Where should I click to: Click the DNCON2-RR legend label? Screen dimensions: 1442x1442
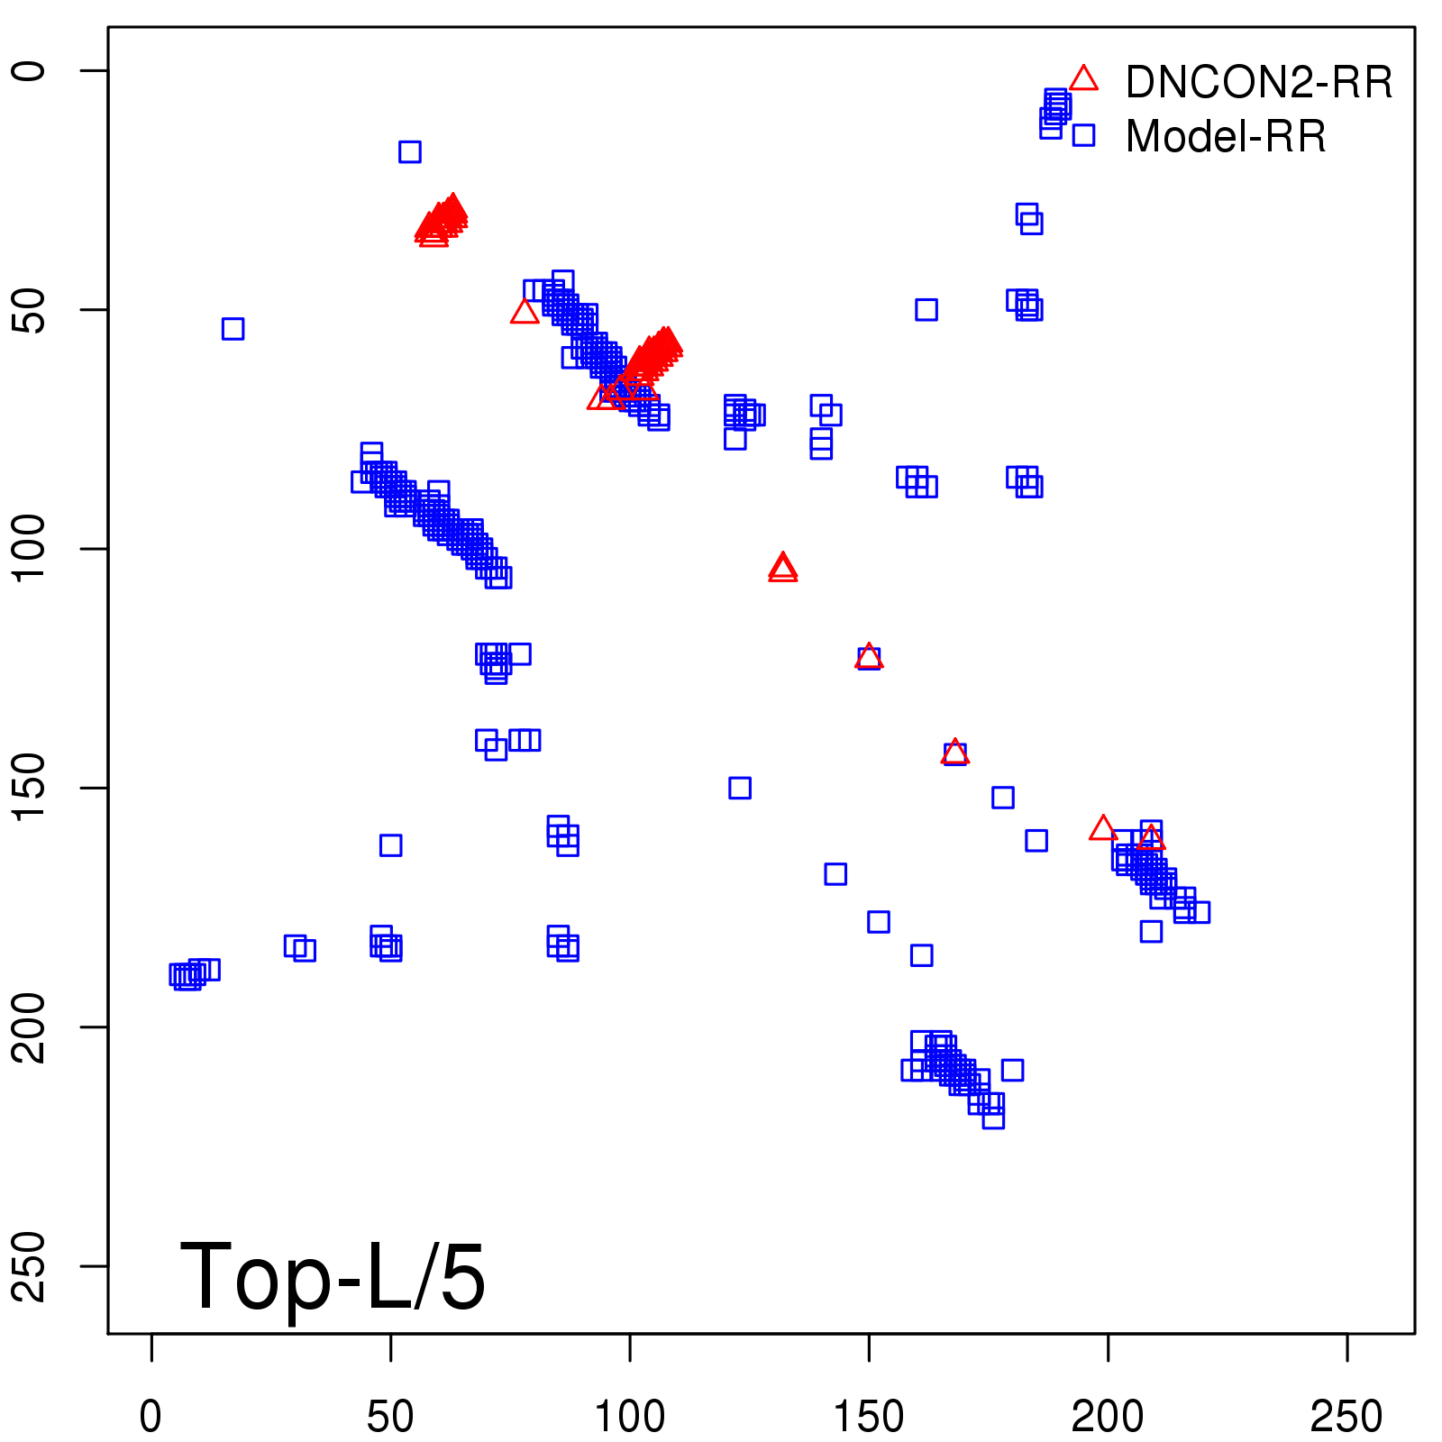1258,83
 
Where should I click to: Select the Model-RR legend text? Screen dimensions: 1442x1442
1226,137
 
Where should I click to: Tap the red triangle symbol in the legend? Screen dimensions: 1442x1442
1083,79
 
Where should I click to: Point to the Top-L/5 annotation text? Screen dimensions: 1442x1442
333,1276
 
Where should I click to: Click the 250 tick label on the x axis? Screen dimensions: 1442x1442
1346,1417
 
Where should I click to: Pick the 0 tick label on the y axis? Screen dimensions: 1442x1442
29,71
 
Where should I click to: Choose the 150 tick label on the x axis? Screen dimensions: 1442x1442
868,1417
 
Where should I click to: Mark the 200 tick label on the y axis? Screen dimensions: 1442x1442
29,1027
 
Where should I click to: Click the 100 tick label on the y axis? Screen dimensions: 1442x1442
29,549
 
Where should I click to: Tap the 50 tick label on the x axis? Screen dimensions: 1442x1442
390,1417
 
